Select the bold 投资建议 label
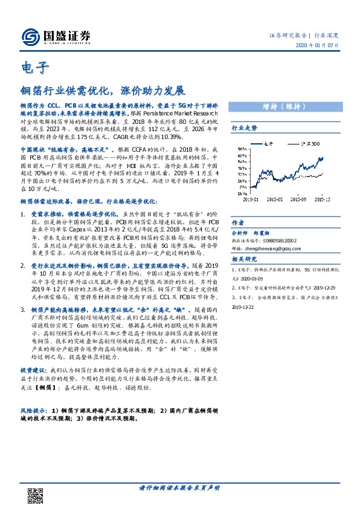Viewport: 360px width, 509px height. pyautogui.click(x=33, y=368)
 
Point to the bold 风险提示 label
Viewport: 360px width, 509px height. pyautogui.click(x=33, y=410)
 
